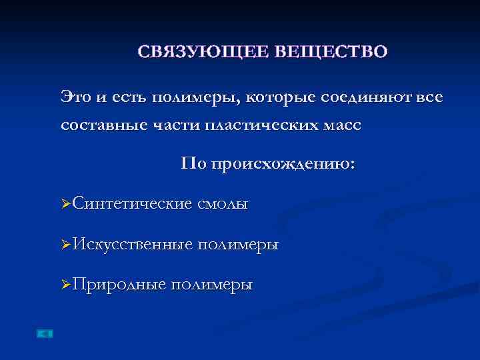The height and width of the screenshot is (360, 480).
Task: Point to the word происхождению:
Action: [284, 165]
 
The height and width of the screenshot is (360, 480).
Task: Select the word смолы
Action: [223, 203]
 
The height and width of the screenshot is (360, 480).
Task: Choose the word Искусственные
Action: [133, 244]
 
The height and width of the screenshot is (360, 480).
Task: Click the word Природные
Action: [119, 284]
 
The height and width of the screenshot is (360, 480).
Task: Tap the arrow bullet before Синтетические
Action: [65, 203]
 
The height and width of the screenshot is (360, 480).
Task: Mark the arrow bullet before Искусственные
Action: [65, 244]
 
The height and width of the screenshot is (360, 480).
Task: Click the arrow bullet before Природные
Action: [65, 284]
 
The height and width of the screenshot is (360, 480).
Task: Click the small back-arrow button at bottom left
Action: [45, 333]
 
